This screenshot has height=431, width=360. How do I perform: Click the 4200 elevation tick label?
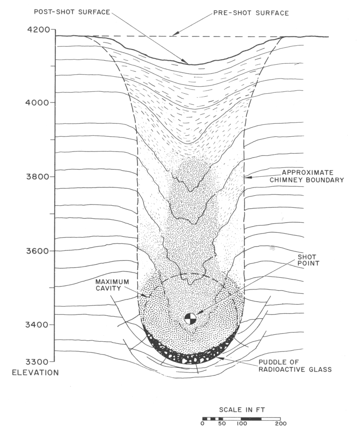point(38,29)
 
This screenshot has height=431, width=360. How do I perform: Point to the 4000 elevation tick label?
point(37,102)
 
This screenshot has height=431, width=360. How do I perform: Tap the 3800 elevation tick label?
point(38,177)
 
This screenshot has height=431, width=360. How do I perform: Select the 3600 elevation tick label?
point(38,251)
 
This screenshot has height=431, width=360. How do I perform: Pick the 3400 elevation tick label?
point(37,325)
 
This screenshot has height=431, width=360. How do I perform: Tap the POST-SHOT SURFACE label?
point(72,12)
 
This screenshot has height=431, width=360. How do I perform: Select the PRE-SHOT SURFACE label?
point(251,13)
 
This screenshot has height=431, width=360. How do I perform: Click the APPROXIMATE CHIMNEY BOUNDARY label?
point(307,176)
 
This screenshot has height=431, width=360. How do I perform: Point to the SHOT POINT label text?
point(308,260)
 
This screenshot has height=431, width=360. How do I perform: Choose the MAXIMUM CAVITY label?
point(112,285)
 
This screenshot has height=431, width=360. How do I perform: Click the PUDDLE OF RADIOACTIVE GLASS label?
point(295,366)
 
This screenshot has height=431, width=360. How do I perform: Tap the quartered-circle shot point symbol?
point(190,319)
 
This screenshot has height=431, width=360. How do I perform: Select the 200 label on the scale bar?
point(281,422)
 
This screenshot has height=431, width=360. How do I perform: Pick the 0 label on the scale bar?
point(202,422)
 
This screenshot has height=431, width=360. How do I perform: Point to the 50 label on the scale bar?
point(222,422)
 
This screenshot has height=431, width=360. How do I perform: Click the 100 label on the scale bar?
point(242,422)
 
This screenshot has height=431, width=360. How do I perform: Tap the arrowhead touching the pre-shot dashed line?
point(176,34)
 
